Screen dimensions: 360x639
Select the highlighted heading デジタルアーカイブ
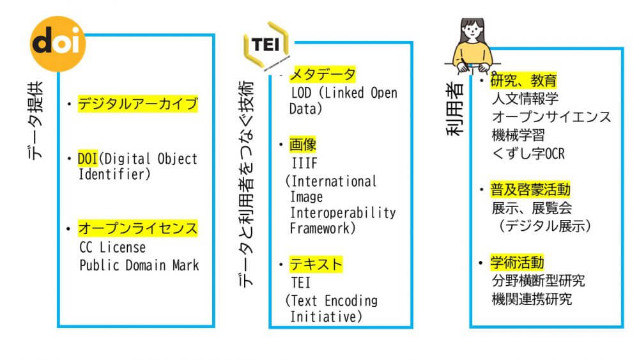coord(137,104)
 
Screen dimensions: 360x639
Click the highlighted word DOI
coord(88,159)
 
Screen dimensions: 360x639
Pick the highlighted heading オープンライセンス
coord(137,228)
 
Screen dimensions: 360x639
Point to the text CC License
coord(112,247)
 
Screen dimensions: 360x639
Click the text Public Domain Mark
coord(139,265)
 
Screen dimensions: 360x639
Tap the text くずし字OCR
coord(528,154)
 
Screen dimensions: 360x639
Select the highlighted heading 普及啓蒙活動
coord(530,190)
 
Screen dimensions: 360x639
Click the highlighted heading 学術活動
coord(517,262)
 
